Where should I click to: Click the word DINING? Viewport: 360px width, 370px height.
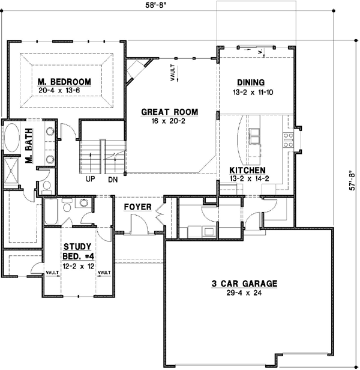[x=251, y=82]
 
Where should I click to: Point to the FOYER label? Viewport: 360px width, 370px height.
[x=136, y=207]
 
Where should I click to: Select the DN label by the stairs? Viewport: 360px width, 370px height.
[x=112, y=179]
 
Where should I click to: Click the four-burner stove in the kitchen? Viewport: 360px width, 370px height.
[x=289, y=140]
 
